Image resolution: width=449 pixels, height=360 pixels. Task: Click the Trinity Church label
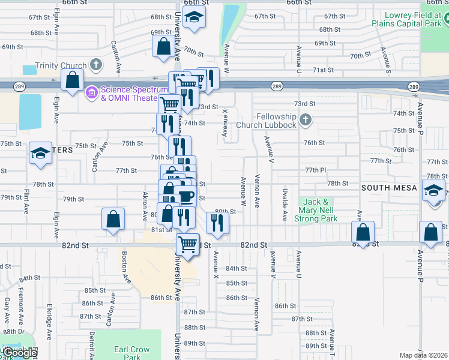tap(61, 66)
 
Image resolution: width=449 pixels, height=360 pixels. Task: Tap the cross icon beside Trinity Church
tap(95, 64)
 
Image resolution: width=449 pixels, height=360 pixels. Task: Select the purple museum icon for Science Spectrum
tap(92, 93)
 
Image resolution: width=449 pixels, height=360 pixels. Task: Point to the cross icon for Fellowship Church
tap(305, 120)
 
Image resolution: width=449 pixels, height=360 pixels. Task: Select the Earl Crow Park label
tap(131, 353)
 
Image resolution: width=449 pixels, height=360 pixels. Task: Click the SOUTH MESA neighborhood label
tap(384, 188)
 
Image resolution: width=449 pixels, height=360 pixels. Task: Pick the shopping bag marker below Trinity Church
tap(72, 80)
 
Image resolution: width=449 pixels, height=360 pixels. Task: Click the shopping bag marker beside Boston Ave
tap(113, 220)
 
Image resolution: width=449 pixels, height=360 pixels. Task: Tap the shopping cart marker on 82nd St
tap(188, 245)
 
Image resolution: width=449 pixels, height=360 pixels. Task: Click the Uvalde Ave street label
tap(285, 204)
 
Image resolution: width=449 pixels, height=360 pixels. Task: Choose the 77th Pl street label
tap(315, 170)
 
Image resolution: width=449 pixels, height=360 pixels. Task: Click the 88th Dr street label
tap(13, 332)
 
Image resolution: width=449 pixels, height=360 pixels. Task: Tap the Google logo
tap(20, 353)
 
